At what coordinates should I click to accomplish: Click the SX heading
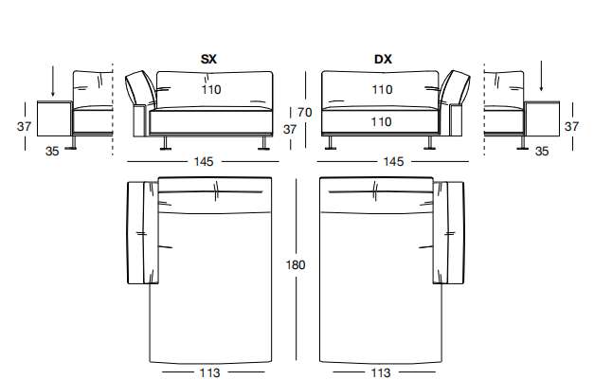coord(208,59)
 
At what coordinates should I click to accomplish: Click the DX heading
coord(383,59)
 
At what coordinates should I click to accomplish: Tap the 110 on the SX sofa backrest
coord(211,90)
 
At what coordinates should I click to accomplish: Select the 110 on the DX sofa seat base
coord(382,122)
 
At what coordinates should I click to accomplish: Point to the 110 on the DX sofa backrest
coord(382,90)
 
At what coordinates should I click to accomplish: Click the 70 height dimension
coord(304,113)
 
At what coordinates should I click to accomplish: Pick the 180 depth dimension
coord(296,264)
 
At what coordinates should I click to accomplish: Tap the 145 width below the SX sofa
coord(204,162)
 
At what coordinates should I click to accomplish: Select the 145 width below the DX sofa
coord(393,162)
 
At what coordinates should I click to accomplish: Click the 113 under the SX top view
coord(209,372)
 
